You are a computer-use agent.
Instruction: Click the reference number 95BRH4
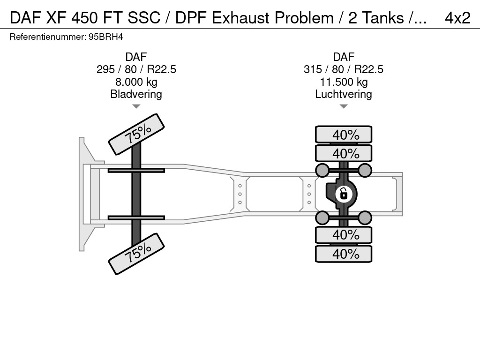pos(105,37)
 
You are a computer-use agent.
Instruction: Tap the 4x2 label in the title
pos(457,18)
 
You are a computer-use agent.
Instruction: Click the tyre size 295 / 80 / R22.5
pos(136,69)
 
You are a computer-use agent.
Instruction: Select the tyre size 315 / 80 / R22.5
pos(344,69)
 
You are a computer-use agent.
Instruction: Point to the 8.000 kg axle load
pos(136,82)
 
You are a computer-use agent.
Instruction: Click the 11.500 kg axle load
pos(344,82)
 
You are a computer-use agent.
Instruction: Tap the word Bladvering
pos(136,94)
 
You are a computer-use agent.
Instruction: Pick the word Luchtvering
pos(344,94)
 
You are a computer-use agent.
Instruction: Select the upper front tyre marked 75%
pos(136,135)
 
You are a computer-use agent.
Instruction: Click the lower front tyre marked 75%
pos(136,254)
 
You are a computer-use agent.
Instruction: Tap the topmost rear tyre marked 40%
pos(344,135)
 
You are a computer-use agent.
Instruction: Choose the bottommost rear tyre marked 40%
pos(344,254)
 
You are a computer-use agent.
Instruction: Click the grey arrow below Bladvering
pos(136,106)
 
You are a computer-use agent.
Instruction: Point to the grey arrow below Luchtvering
pos(344,106)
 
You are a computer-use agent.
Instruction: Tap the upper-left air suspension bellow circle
pos(322,170)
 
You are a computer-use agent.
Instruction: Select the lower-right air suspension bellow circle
pos(365,218)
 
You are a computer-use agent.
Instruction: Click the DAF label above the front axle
pos(136,57)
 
